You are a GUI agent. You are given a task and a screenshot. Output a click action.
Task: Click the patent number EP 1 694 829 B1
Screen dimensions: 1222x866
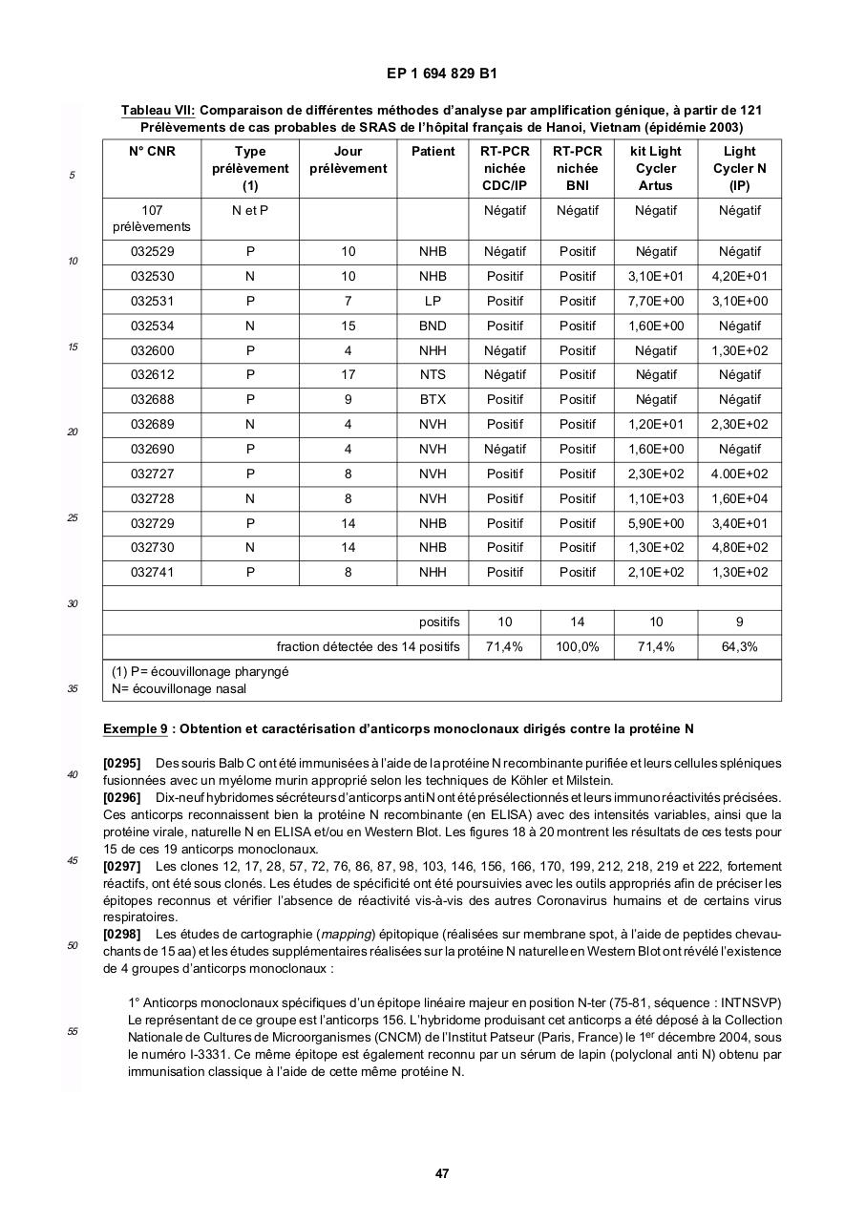click(441, 74)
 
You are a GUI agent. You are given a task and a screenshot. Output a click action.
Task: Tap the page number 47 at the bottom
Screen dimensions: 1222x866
click(441, 1173)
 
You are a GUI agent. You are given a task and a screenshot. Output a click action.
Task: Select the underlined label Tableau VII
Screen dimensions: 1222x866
click(158, 111)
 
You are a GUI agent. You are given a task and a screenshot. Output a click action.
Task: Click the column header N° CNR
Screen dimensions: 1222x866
click(152, 151)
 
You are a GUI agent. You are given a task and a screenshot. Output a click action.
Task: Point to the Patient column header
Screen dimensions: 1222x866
click(433, 151)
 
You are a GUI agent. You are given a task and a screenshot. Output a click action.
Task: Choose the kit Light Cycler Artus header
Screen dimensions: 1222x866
click(655, 168)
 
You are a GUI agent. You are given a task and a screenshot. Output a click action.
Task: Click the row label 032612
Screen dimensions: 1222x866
click(152, 375)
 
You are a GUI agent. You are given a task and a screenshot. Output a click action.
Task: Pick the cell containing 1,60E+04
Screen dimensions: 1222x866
click(739, 498)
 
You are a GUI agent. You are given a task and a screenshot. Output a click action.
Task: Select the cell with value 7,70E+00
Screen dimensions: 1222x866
click(655, 301)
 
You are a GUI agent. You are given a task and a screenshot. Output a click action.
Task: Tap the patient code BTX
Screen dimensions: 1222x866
click(433, 399)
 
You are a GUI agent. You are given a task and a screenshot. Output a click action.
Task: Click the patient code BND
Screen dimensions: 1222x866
click(433, 326)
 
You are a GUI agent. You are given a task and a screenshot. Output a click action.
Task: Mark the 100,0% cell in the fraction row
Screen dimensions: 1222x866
click(577, 646)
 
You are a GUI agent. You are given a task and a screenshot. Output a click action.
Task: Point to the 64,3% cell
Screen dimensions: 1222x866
click(739, 646)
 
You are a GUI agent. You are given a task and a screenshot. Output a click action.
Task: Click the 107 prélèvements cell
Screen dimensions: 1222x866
click(152, 219)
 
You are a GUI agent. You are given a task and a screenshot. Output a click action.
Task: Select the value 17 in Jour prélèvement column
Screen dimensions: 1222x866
click(349, 375)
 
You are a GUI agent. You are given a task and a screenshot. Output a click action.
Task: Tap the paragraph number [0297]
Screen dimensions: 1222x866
click(121, 866)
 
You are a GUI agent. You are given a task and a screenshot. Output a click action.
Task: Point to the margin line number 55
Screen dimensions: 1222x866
click(72, 1031)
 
